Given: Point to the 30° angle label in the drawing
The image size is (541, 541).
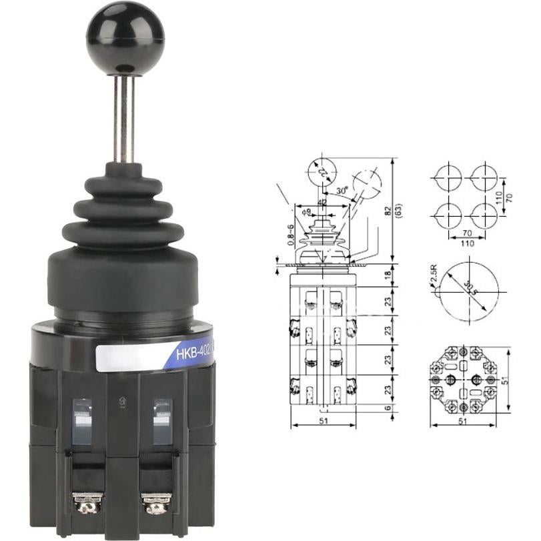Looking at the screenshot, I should [342, 190].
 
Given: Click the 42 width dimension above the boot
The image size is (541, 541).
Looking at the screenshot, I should [322, 201].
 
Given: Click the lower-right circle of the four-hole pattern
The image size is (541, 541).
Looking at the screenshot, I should [483, 215].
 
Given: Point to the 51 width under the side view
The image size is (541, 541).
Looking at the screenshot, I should [324, 422].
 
